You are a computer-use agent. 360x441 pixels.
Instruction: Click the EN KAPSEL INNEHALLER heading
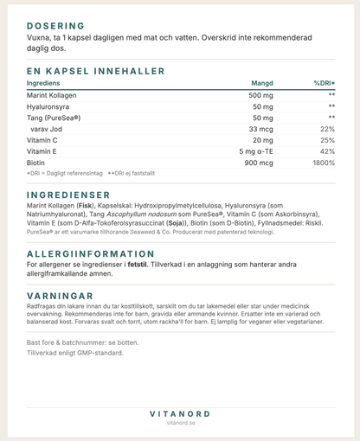point(95,71)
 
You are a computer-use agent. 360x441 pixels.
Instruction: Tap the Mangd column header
point(260,83)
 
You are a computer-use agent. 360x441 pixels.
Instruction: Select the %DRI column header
point(324,83)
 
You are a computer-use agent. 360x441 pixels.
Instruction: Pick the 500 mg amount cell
point(260,95)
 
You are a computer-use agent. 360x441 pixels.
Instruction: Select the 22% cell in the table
point(327,128)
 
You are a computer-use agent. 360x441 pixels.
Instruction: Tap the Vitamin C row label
point(43,139)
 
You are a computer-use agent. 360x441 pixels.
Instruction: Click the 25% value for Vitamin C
point(327,139)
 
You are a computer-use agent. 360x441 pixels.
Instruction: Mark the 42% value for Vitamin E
point(327,151)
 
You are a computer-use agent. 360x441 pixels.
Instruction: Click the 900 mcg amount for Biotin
point(258,163)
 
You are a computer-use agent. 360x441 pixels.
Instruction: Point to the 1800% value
point(324,163)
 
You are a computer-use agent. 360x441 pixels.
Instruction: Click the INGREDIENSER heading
point(69,195)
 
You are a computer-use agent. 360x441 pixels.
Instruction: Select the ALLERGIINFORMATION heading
point(91,253)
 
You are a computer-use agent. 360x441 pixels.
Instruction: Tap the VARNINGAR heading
point(61,294)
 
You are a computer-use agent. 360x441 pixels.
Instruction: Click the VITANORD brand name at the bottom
point(180,413)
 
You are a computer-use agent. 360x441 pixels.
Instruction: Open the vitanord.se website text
point(180,424)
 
